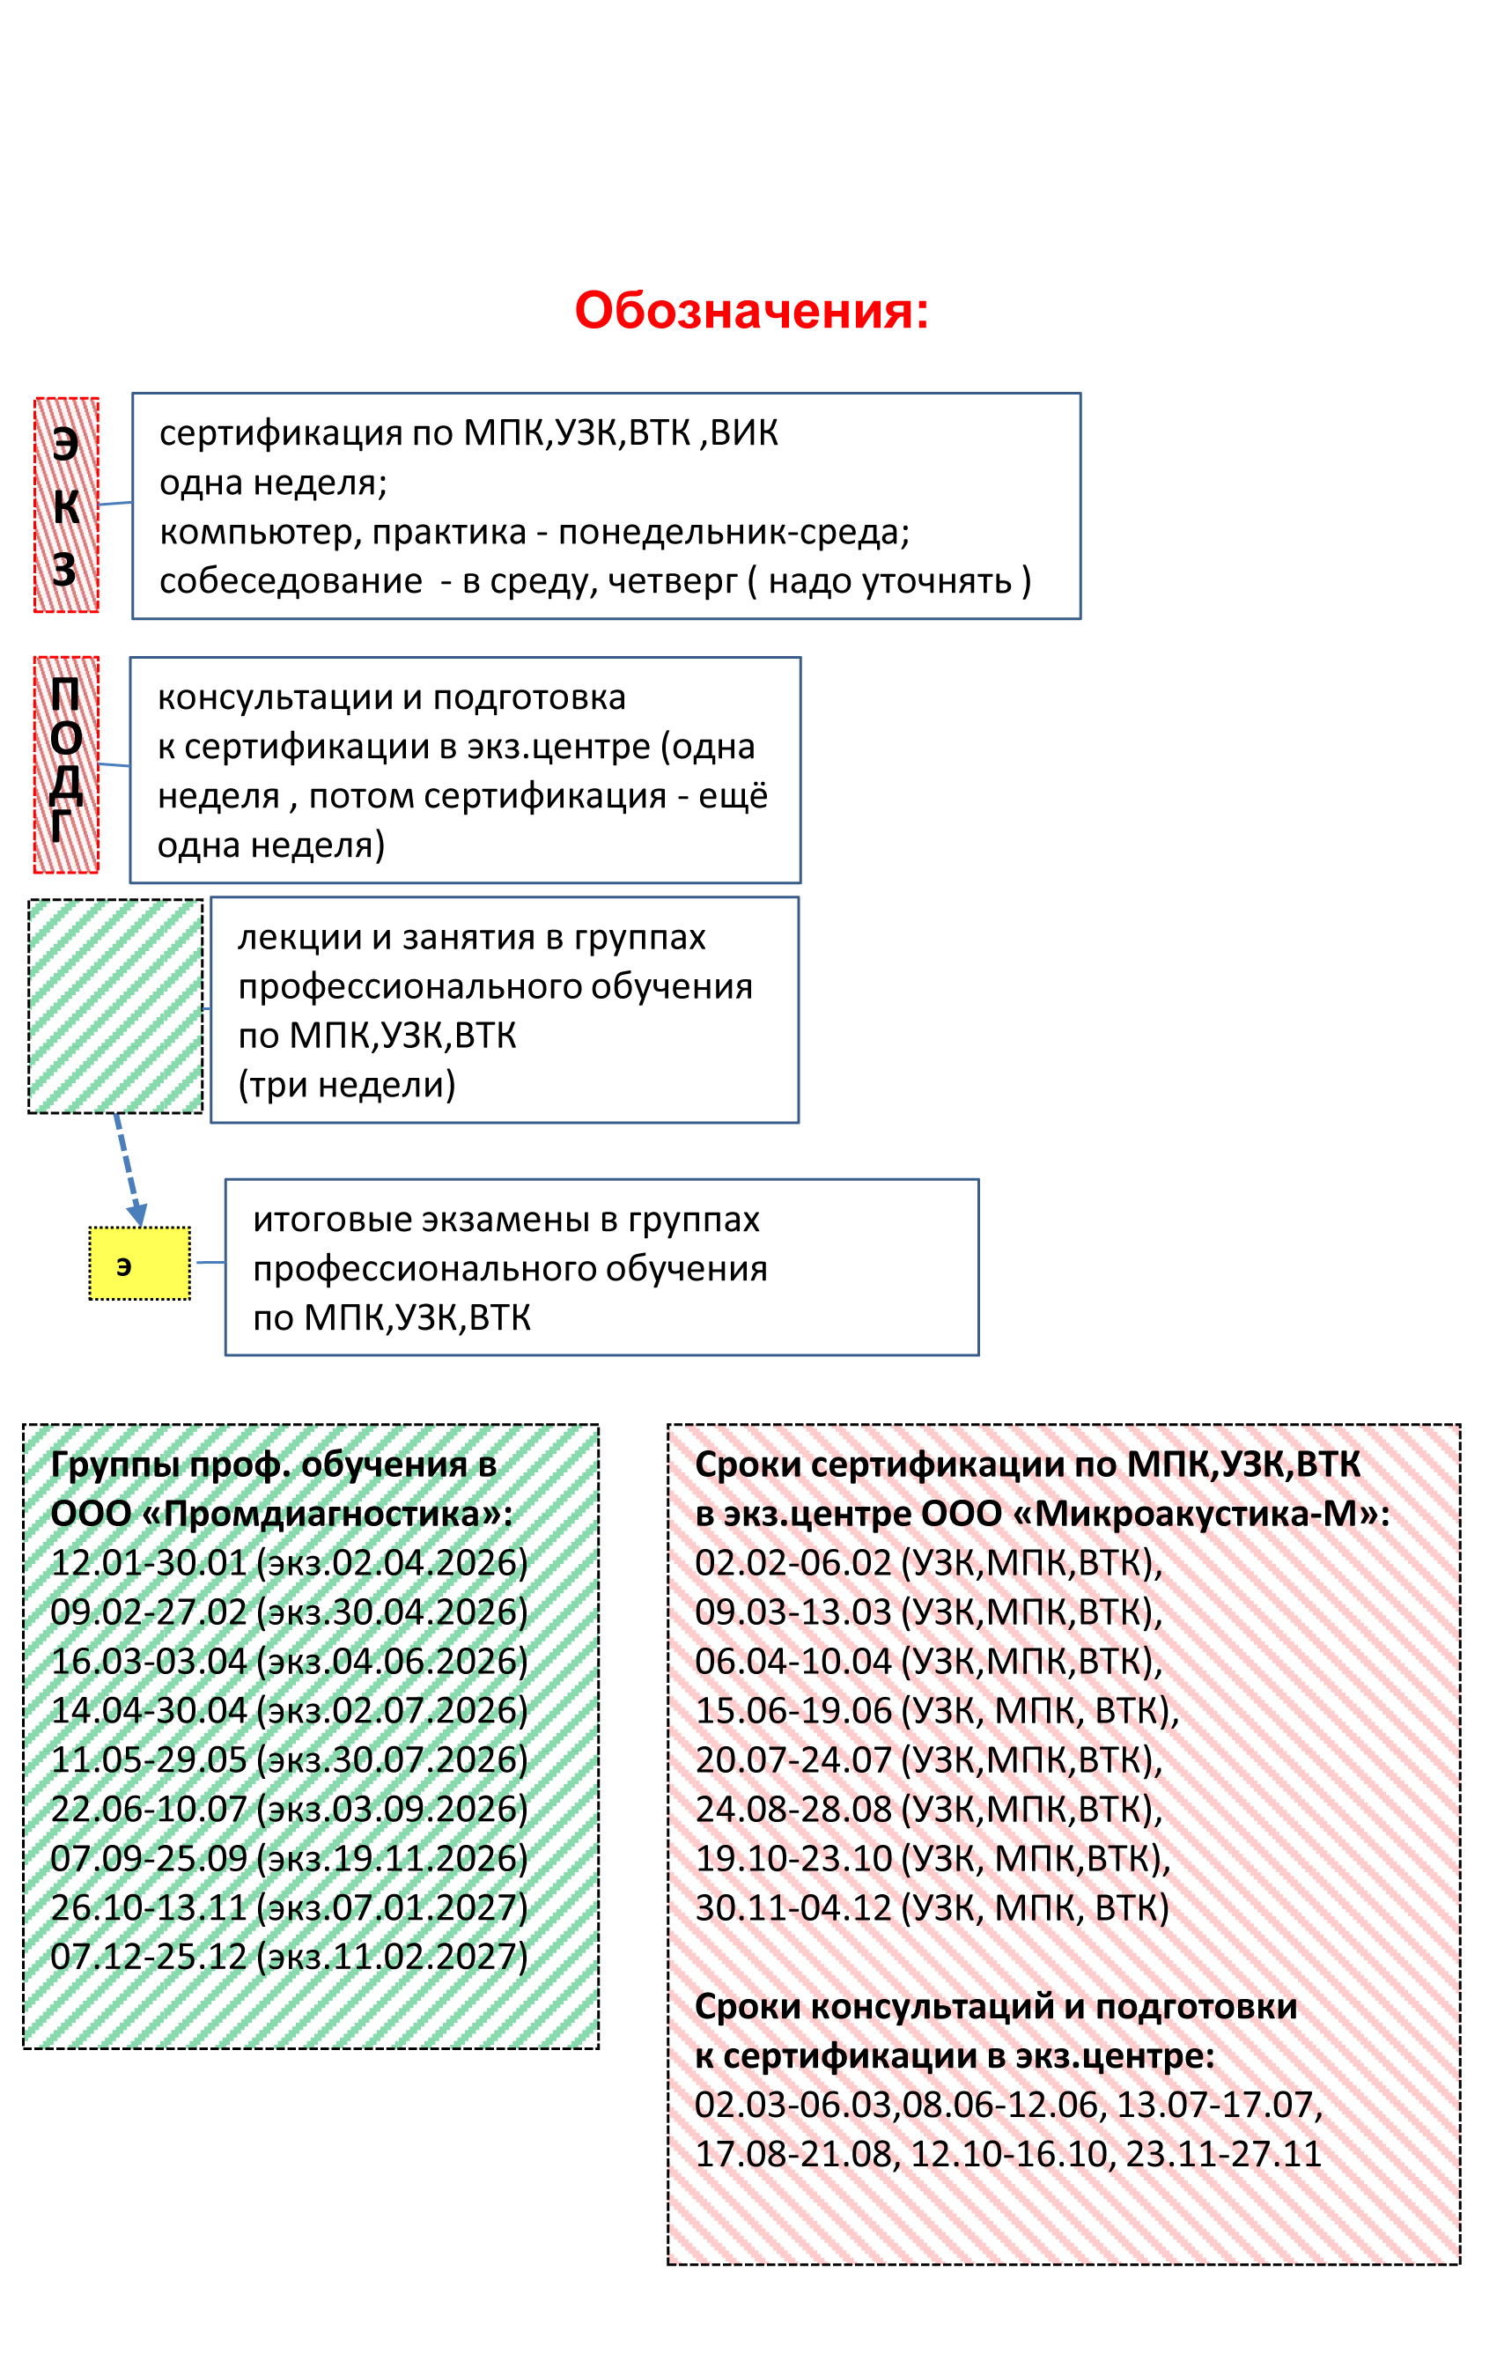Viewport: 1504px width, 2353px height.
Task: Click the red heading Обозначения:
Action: (x=750, y=311)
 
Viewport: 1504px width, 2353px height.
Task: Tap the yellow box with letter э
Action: (x=140, y=1264)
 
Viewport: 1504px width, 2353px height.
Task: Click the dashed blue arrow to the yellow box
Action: (x=128, y=1169)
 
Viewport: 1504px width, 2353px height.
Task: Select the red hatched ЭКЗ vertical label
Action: (x=66, y=505)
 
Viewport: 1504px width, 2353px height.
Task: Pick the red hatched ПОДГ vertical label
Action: (x=66, y=764)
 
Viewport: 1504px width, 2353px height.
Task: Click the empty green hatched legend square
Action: (x=115, y=1006)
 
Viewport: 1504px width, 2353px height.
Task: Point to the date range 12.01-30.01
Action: (x=149, y=1562)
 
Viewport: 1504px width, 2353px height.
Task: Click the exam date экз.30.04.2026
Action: (x=392, y=1612)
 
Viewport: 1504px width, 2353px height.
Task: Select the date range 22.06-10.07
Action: (x=149, y=1809)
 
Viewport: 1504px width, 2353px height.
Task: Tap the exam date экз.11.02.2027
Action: (x=392, y=1956)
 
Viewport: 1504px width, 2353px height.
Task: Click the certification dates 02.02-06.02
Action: (x=793, y=1562)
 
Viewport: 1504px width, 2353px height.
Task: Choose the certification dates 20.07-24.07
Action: (x=793, y=1759)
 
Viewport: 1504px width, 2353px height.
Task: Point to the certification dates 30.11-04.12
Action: (x=793, y=1907)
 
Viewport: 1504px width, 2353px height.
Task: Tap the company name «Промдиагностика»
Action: (x=338, y=1514)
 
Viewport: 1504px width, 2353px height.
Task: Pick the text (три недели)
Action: (x=347, y=1085)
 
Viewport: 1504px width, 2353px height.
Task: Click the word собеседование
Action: (x=291, y=581)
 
